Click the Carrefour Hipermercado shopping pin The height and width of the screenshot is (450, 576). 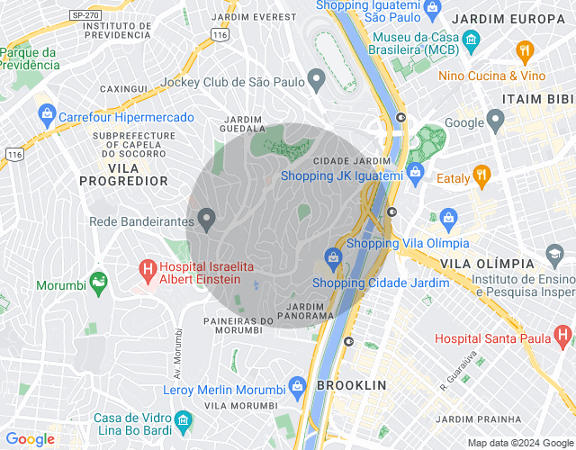pos(47,116)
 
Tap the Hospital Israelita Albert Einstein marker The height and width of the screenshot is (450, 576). pos(148,268)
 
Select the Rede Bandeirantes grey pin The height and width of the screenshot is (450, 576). pos(207,219)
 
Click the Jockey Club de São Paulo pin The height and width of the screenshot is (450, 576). pos(316,82)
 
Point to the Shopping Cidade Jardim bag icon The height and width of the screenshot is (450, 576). pos(334,258)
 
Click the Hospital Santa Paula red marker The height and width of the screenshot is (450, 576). pos(563,337)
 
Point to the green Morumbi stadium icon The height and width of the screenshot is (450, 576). pos(98,283)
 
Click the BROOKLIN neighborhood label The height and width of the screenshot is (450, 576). pos(351,384)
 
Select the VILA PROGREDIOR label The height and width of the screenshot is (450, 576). pos(124,175)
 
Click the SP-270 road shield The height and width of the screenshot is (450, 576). pos(86,15)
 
